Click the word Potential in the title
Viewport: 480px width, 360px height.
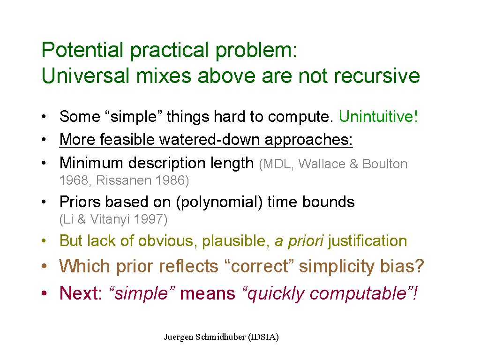tap(82, 50)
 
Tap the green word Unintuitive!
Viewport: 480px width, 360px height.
tap(378, 116)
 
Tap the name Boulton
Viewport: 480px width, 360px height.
tap(385, 164)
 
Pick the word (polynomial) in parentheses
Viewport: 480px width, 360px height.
tap(219, 202)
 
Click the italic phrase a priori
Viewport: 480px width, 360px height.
tap(299, 241)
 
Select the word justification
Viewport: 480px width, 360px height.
tap(367, 241)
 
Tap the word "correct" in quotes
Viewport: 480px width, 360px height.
tap(259, 266)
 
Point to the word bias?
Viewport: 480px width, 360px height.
tap(402, 266)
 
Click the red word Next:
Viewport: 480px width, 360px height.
tap(81, 293)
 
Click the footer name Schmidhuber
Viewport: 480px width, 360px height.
tap(220, 337)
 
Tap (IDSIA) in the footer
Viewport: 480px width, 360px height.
tap(263, 337)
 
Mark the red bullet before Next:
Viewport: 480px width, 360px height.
tap(45, 293)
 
